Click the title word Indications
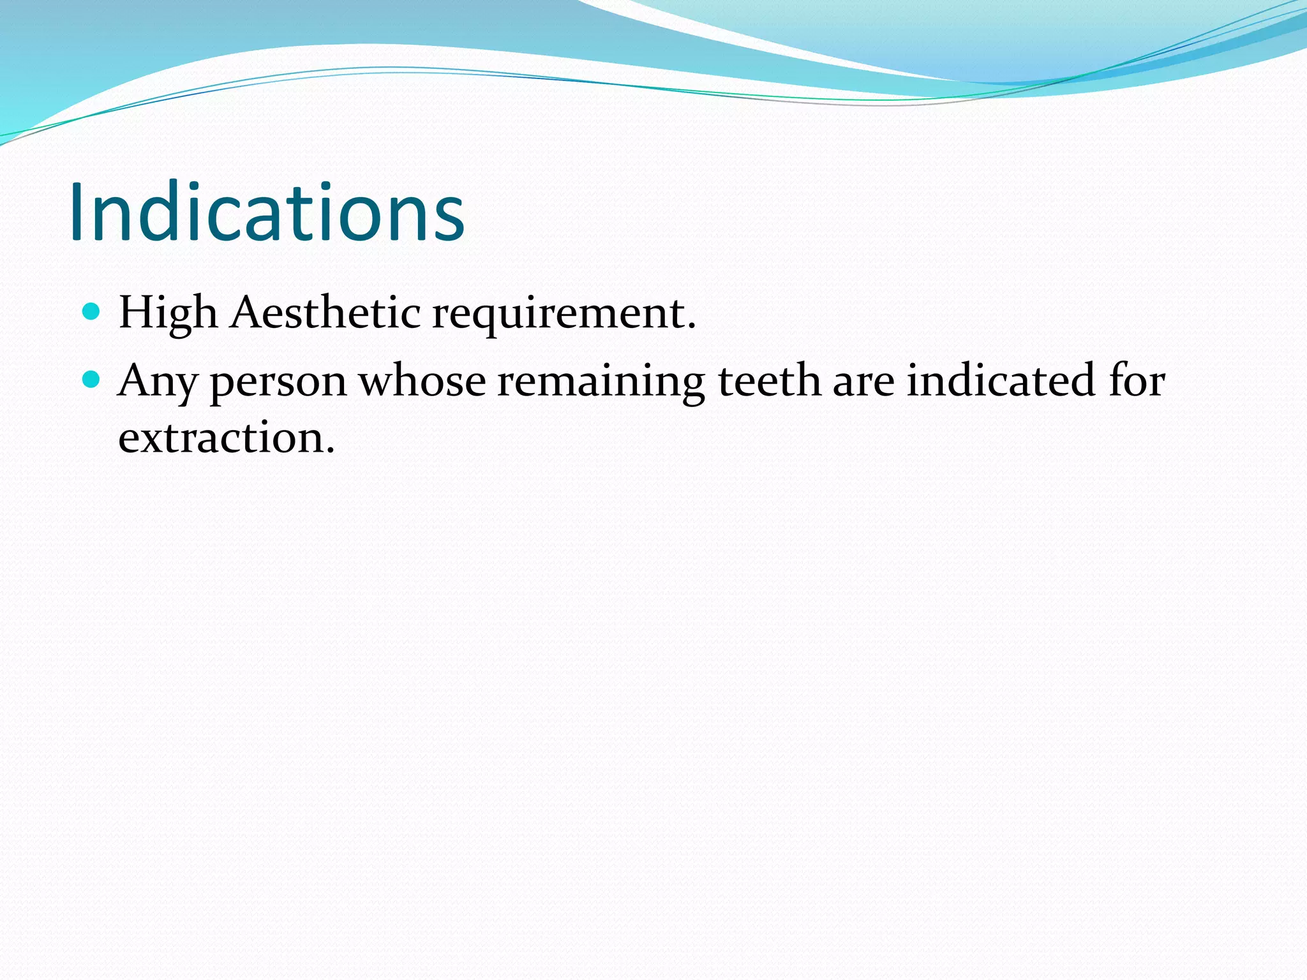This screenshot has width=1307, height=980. (267, 212)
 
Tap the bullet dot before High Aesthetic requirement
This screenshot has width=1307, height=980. (92, 312)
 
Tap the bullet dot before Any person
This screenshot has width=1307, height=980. (92, 380)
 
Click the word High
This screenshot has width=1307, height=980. (168, 314)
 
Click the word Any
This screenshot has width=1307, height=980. (158, 382)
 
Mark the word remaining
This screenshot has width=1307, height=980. (601, 382)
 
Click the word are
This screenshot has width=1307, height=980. (863, 382)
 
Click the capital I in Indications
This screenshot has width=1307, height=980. (77, 212)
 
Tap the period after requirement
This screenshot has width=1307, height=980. (691, 327)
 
